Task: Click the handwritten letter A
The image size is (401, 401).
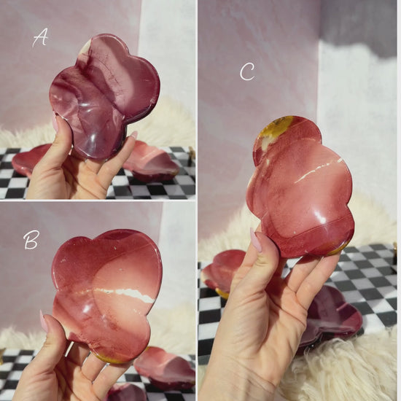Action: point(40,38)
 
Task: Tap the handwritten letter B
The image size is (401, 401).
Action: point(31,240)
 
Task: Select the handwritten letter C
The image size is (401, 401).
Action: point(247,72)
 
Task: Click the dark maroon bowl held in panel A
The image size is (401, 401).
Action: point(105,96)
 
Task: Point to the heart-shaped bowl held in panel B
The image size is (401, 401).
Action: point(107,294)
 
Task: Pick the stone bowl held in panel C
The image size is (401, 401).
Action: point(299,187)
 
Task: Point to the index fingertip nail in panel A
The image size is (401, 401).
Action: point(133,135)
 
